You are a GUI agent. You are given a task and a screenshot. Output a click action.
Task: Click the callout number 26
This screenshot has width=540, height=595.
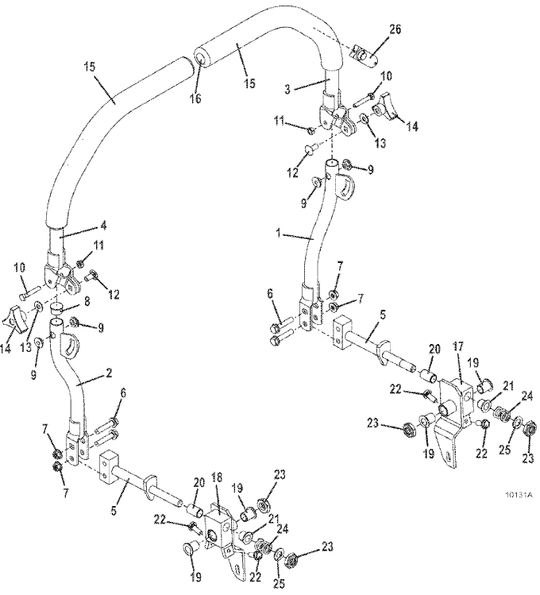[395, 29]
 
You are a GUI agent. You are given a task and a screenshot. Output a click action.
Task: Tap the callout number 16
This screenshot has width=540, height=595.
[195, 99]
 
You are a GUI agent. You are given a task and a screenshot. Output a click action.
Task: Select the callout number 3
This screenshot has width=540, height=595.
[287, 89]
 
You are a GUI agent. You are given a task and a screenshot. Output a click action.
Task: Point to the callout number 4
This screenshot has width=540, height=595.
[102, 226]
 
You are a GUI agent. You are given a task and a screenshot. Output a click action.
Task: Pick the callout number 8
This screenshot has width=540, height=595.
[87, 302]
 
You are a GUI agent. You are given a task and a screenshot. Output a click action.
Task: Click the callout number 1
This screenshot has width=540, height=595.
[279, 234]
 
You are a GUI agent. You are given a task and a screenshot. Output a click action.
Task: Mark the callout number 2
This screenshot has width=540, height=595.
[109, 373]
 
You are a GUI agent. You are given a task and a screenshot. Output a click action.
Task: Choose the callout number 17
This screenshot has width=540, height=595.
[459, 346]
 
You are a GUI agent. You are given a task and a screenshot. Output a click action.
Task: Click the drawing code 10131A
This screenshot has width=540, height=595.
[519, 495]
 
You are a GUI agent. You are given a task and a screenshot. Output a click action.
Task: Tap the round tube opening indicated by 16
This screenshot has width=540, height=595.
[201, 58]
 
